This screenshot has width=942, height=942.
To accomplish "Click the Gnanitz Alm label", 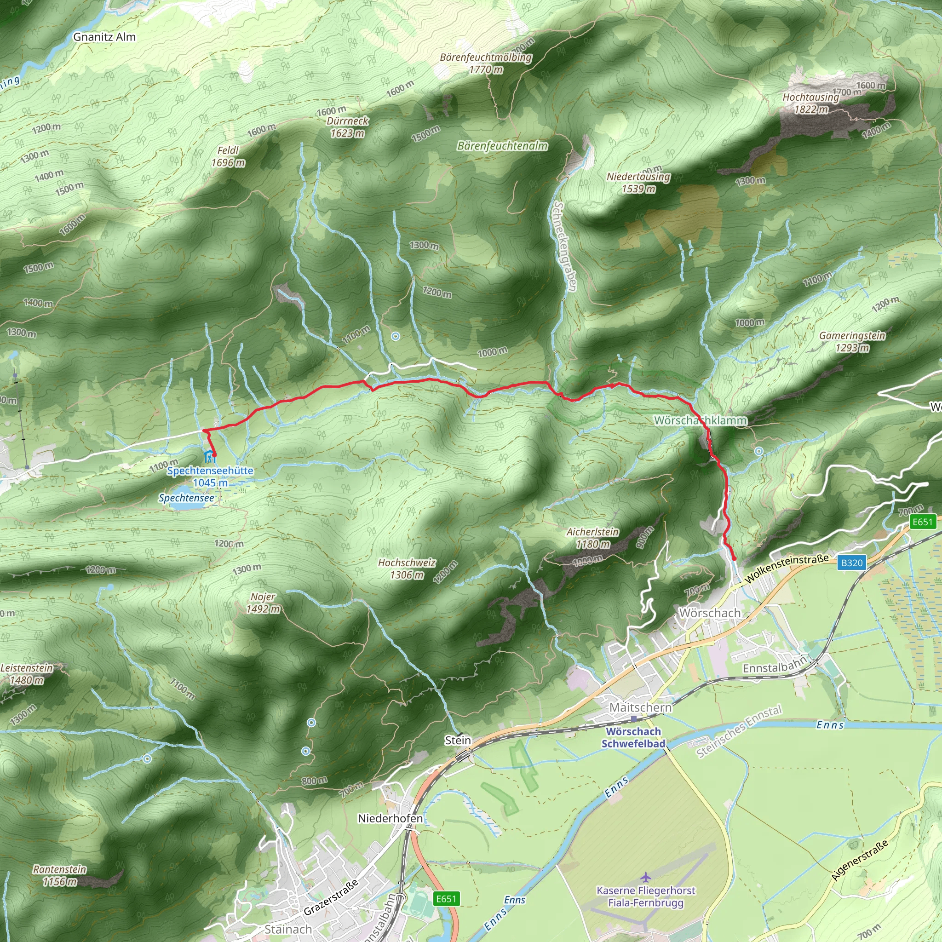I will (104, 37).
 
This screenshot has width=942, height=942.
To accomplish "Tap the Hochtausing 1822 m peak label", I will (810, 103).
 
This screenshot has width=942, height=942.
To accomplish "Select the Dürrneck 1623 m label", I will (347, 127).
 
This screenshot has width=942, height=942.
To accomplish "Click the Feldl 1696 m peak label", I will (228, 156).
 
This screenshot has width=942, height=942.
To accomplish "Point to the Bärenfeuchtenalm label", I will (502, 146).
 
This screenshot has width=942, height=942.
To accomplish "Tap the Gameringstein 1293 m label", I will (852, 341).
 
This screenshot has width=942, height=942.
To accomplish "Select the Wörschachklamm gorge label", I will (700, 420).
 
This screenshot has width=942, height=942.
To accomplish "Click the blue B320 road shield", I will (852, 563).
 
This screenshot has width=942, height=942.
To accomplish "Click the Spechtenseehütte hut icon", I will (209, 457).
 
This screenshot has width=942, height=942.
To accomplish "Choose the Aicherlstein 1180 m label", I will (592, 538).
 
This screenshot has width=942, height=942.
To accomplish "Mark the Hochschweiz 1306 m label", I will (407, 569).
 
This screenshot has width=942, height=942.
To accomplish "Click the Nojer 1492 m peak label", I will (263, 603).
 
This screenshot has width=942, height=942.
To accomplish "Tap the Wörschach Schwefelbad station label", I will (633, 737).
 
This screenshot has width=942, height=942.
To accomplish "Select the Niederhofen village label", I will (390, 818).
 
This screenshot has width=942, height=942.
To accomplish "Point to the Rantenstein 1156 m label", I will (59, 875).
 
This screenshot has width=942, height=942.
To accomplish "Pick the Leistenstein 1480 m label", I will (26, 674).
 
